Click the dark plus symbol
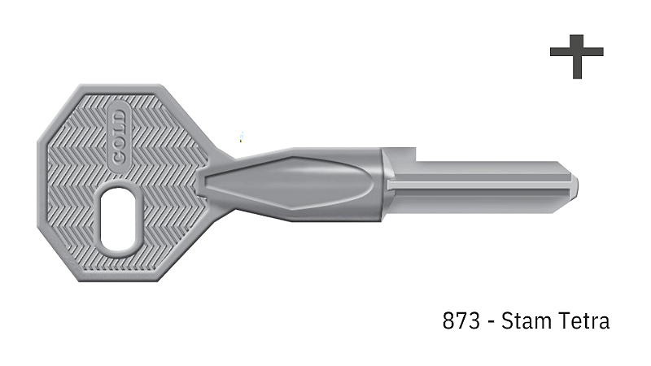[x=576, y=55]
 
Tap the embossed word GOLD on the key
[x=119, y=135]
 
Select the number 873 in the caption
[x=461, y=321]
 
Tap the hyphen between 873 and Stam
[x=489, y=323]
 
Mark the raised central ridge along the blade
[x=480, y=184]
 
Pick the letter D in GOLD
[x=119, y=115]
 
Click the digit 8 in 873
[x=449, y=321]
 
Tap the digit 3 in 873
[x=473, y=321]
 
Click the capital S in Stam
[x=509, y=321]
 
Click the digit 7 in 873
[x=461, y=321]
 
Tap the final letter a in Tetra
[x=603, y=323]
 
